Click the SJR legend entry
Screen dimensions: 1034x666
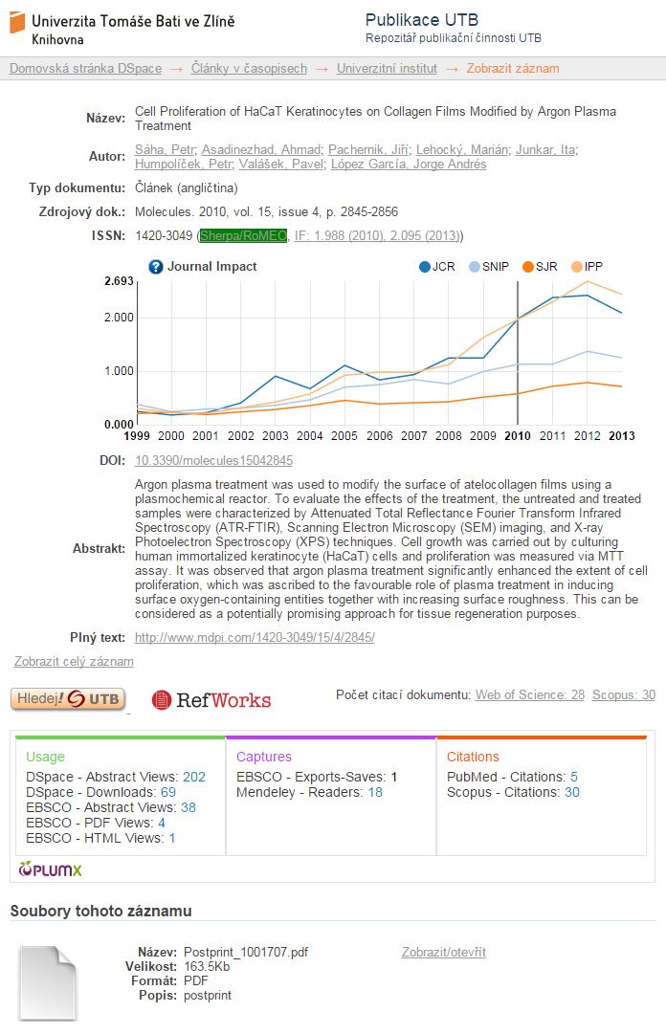[540, 267]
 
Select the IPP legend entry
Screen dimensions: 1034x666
[588, 267]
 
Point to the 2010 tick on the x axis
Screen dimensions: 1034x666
[518, 436]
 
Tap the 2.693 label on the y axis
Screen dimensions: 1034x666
[119, 281]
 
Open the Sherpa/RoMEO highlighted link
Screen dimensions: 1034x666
[243, 235]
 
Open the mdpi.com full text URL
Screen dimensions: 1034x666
[255, 637]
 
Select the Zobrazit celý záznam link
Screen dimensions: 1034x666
[74, 661]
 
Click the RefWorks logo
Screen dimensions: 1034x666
[211, 700]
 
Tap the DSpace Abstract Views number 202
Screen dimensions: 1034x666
[194, 778]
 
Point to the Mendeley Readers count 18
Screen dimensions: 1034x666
[375, 793]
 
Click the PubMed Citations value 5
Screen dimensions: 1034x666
[574, 778]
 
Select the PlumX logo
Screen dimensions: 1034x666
[51, 869]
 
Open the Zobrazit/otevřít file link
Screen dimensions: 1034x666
[444, 953]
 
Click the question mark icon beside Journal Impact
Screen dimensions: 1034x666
[156, 267]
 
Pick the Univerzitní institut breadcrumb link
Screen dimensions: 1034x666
[387, 69]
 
